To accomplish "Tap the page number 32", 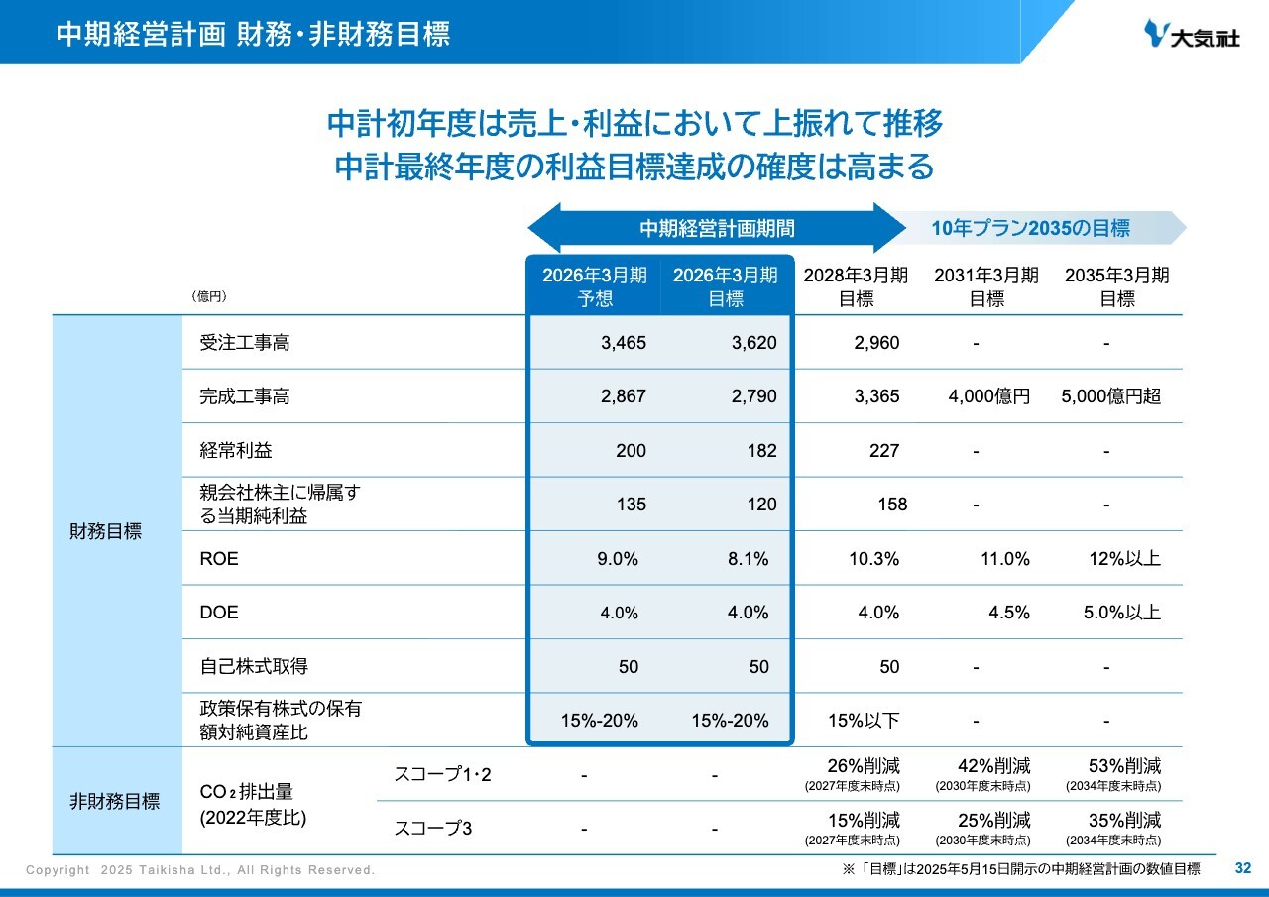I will click(x=1243, y=869).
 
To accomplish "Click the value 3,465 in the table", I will click(x=624, y=343).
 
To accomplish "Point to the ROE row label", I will click(x=219, y=559).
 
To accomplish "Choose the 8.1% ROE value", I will click(x=748, y=559).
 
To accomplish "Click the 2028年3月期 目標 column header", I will click(x=856, y=286).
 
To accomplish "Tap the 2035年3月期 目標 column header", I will click(x=1117, y=286).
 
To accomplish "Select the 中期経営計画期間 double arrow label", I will click(x=716, y=228).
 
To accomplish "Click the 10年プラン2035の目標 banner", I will click(x=1031, y=228).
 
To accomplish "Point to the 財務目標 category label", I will click(x=106, y=531).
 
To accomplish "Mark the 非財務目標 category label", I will click(x=114, y=801).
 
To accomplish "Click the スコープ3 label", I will click(x=432, y=828).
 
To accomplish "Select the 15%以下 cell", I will click(x=864, y=721).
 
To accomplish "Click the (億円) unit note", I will click(x=209, y=296).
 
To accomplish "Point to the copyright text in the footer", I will click(x=200, y=870).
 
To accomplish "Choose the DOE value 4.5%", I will click(x=1009, y=613).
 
